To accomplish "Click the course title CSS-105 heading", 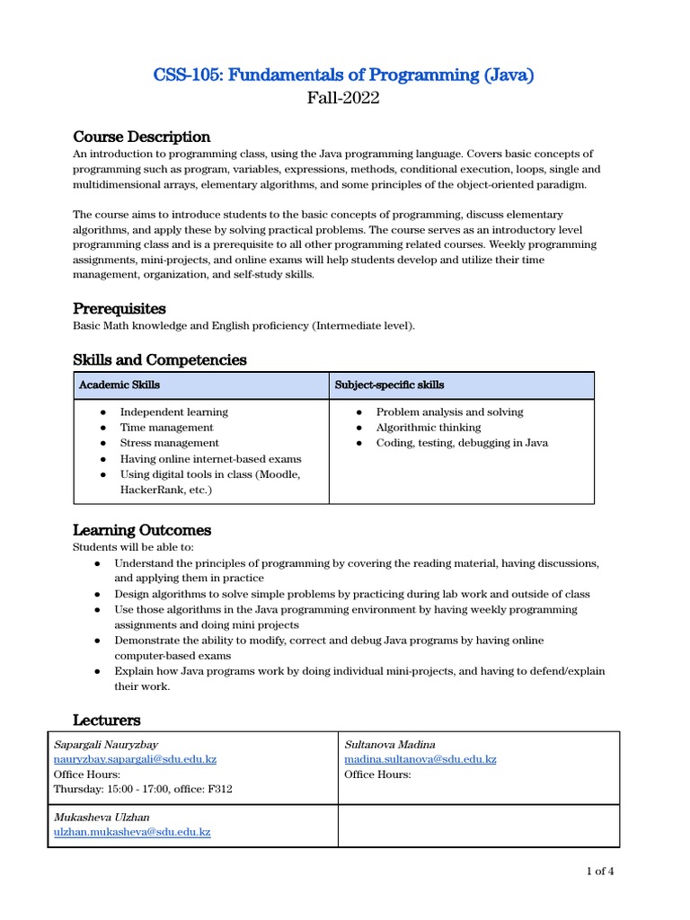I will pos(344,75).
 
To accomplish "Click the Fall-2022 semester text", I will pos(344,98).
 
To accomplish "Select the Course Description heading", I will pos(141,137).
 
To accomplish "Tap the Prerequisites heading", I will pos(119,308).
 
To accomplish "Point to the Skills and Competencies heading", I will pos(159,359).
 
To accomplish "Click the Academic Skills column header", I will pos(119,385).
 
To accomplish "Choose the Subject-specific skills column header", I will pos(389,385).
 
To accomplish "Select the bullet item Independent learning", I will pos(173,411).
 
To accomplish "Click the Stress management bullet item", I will pos(169,443).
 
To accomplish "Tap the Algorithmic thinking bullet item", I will pos(429,428).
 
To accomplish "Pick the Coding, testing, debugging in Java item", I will pos(462,443).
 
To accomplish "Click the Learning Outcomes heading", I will pos(141,529).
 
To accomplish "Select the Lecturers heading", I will pos(106,720).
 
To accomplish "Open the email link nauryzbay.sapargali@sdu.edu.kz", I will pos(135,759).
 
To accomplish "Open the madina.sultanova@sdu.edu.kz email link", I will pos(420,759).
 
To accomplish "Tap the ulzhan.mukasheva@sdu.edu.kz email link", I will pos(132,832).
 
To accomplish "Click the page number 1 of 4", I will pos(599,871).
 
